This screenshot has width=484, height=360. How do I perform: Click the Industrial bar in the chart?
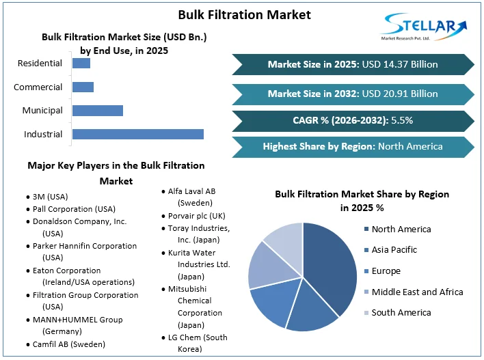tap(138, 134)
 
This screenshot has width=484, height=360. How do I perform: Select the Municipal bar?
tap(98, 111)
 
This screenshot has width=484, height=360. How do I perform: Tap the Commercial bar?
tap(83, 87)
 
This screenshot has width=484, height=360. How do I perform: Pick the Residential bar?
tap(81, 64)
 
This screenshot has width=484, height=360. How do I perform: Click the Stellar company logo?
tap(424, 27)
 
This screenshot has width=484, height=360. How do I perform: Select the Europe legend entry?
tap(382, 271)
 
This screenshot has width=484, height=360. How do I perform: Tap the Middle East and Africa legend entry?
tap(414, 292)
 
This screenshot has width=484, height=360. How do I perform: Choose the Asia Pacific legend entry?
tap(390, 250)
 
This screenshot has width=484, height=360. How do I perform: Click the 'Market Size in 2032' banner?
tap(353, 94)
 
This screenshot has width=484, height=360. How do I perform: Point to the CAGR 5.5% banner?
tap(353, 121)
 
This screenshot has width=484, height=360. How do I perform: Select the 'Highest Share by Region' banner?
tap(353, 147)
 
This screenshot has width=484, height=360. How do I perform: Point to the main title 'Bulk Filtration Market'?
tap(245, 15)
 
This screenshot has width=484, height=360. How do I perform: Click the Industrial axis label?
tap(43, 135)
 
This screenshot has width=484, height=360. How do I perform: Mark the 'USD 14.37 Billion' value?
tap(400, 64)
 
